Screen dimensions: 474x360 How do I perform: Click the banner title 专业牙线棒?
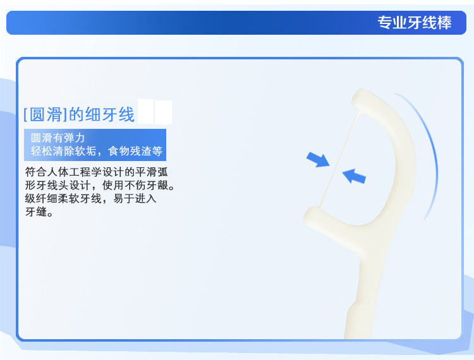(415, 23)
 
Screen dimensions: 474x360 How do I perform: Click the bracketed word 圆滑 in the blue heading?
(46, 114)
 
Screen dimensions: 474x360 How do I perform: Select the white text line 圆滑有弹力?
(58, 138)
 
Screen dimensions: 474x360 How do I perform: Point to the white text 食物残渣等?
(135, 151)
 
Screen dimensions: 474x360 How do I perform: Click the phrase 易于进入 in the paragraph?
(135, 198)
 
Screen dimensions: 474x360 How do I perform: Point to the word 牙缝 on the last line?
(36, 212)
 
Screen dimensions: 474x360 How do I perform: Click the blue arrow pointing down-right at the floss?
(318, 159)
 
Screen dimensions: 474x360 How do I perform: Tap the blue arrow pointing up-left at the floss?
(354, 176)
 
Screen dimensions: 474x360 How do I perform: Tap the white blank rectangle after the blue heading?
(155, 112)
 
